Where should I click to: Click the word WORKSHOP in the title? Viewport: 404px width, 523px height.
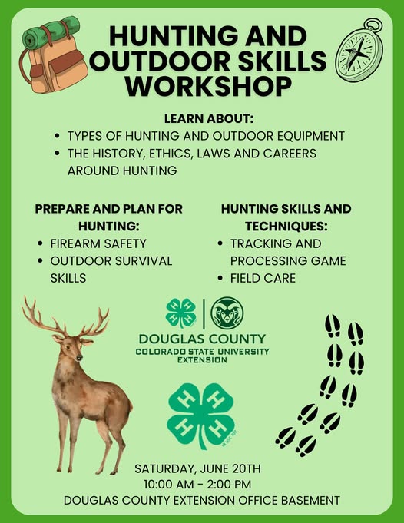(208, 86)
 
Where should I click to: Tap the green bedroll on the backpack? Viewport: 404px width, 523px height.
(51, 31)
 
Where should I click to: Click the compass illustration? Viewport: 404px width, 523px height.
(359, 51)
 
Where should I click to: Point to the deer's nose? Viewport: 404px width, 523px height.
(79, 358)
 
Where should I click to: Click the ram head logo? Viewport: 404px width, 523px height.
(227, 313)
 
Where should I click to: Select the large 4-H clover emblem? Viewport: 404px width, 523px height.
(201, 415)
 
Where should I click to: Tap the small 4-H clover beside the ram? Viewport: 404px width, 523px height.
(181, 313)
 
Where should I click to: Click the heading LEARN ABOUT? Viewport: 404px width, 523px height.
(209, 119)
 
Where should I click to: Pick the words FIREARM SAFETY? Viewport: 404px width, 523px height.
(98, 243)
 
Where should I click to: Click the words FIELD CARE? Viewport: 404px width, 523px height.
(263, 278)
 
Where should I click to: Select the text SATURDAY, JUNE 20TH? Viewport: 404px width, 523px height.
(197, 468)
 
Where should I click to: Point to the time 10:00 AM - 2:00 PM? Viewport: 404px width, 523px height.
(197, 485)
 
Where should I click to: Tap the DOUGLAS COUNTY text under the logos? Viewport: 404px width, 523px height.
(202, 339)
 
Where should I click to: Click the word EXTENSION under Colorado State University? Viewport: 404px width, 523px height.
(202, 360)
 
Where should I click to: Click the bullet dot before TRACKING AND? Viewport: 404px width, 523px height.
(220, 243)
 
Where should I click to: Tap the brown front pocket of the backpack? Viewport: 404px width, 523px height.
(68, 62)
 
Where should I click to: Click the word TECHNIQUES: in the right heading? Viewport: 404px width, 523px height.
(286, 227)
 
